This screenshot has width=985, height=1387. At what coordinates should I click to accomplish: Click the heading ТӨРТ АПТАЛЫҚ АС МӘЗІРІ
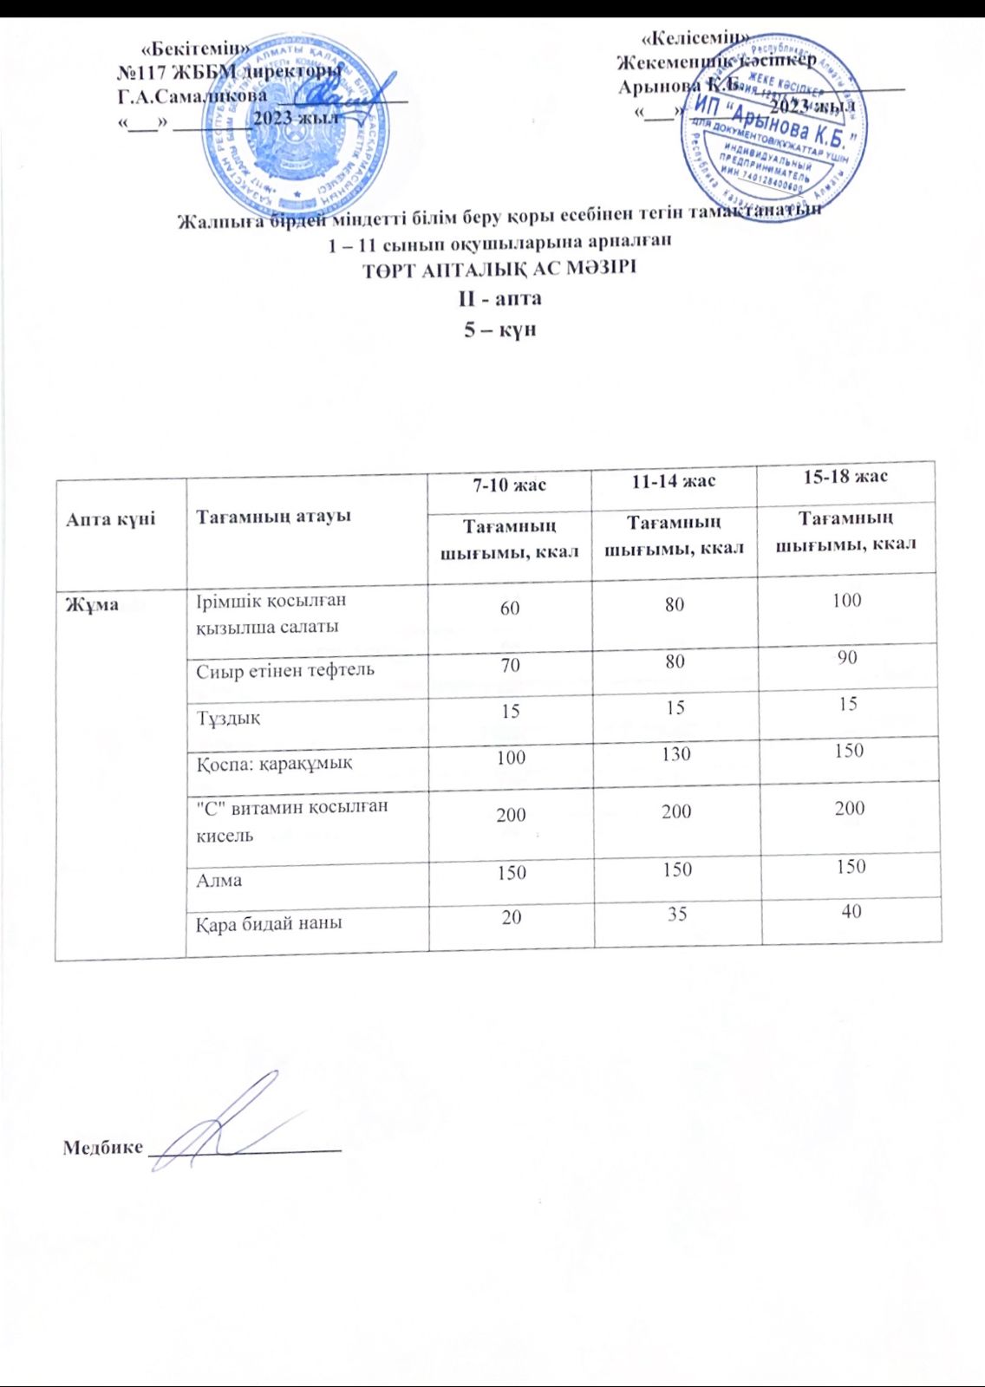499,268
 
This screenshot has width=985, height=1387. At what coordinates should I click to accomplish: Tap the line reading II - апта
499,298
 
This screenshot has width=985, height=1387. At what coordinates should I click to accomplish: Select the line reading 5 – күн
499,329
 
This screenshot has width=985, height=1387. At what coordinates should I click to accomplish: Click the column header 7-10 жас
509,485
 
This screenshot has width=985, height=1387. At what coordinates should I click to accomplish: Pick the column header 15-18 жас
845,476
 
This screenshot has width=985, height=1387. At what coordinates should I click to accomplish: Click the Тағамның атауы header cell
273,516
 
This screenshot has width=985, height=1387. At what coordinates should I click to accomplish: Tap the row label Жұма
93,604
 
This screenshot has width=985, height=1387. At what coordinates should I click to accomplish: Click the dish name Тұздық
228,718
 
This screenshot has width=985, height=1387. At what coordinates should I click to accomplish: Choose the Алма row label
219,880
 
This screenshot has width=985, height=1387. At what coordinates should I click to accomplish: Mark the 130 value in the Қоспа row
675,753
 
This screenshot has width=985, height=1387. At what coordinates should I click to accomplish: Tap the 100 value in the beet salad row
846,600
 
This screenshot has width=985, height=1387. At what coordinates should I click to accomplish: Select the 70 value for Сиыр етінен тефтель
510,665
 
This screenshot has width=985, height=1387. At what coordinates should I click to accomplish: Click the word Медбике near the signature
102,1148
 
